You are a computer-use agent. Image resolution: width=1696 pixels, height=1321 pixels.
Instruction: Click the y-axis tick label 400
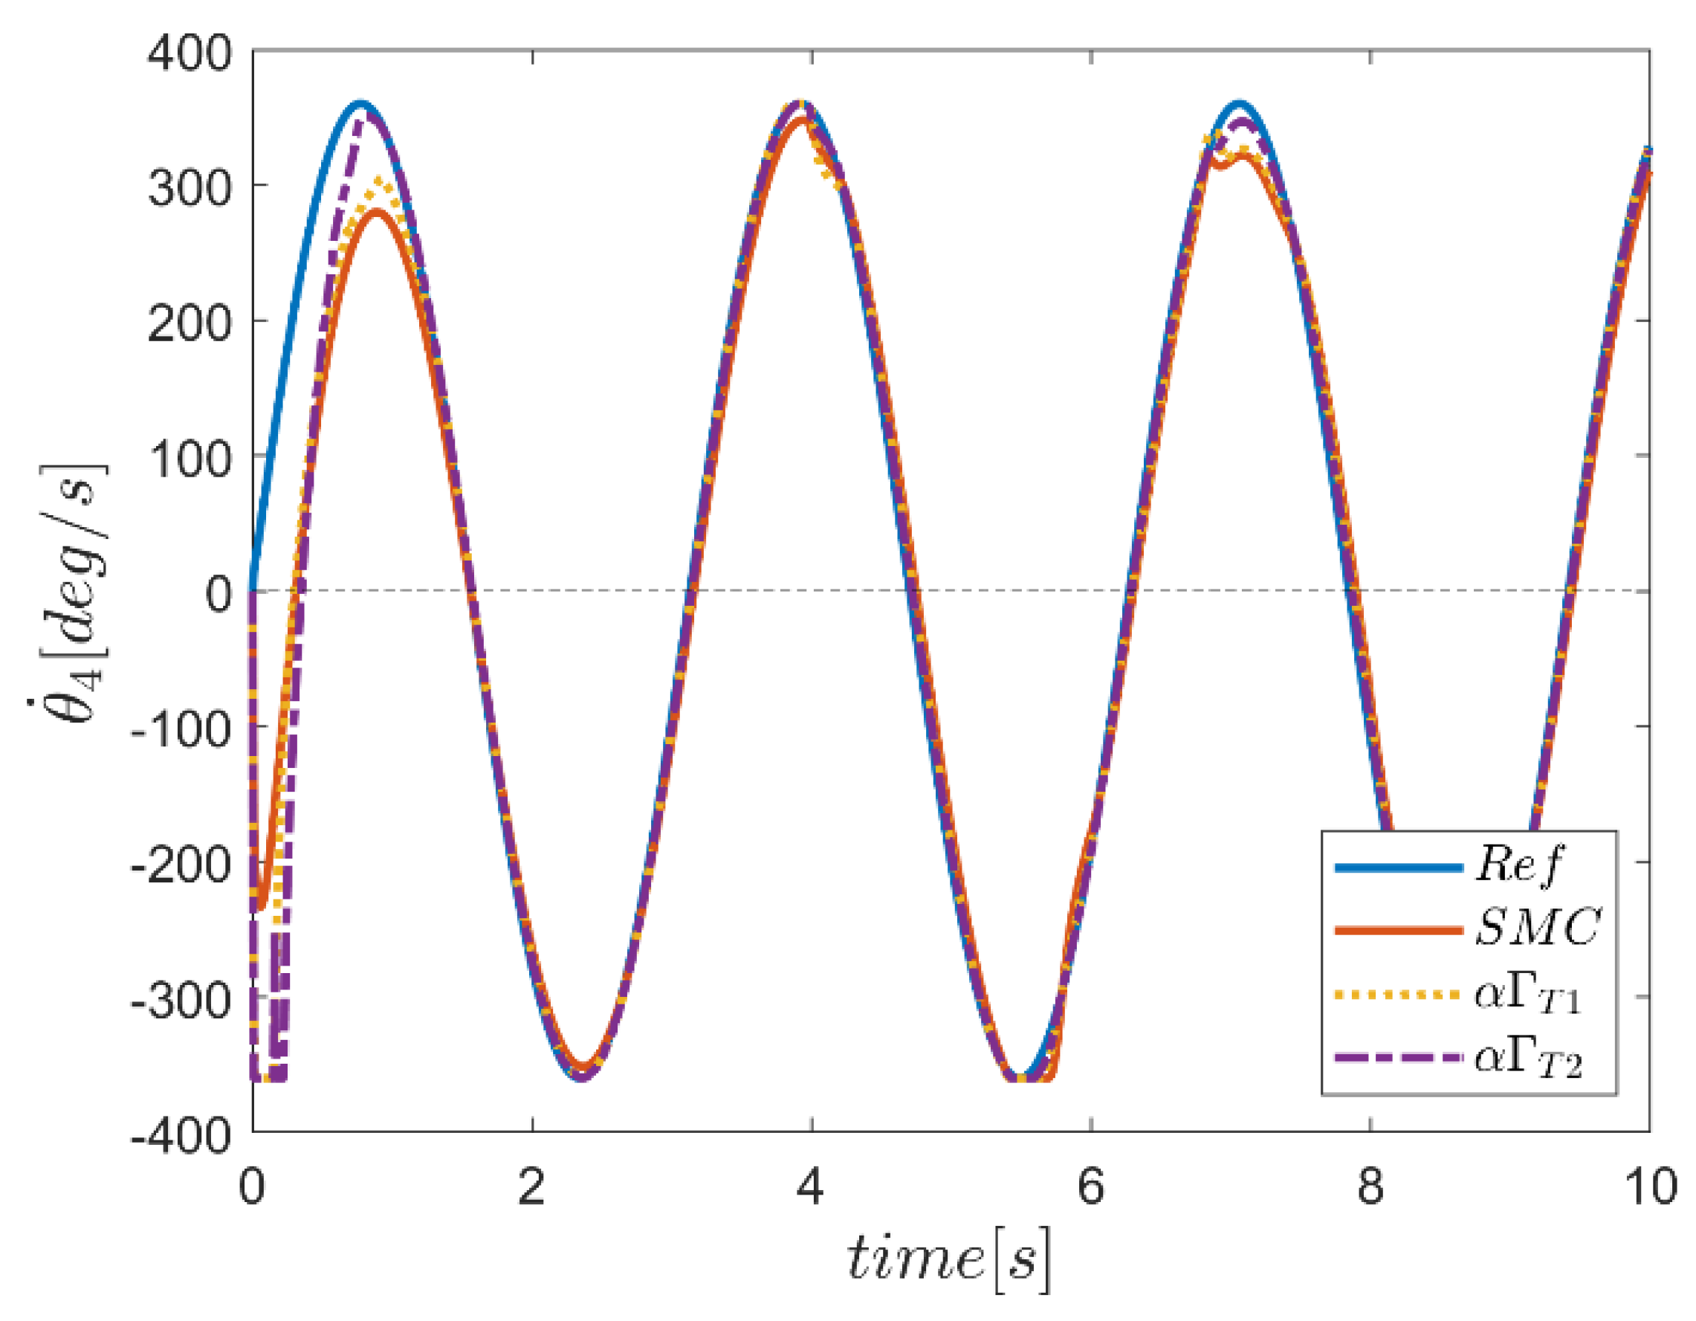(x=190, y=55)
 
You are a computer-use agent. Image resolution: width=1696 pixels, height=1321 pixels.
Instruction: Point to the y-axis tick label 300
(x=190, y=189)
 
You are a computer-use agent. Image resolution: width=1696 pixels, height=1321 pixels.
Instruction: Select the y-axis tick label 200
(x=190, y=323)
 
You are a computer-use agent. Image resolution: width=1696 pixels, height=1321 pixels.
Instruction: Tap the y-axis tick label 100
(x=190, y=459)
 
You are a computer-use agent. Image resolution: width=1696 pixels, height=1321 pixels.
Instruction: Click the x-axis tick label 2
(x=532, y=1188)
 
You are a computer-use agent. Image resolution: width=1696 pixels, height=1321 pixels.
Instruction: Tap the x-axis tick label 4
(x=812, y=1188)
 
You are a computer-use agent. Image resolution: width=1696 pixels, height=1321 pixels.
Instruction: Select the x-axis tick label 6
(x=1091, y=1188)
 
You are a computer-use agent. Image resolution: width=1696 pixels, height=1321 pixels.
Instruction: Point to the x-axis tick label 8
(x=1370, y=1188)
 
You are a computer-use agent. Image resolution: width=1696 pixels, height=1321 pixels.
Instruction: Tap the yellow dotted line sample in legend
(x=1399, y=995)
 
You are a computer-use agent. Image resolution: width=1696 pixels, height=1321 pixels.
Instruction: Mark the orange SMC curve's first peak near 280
(x=377, y=211)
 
